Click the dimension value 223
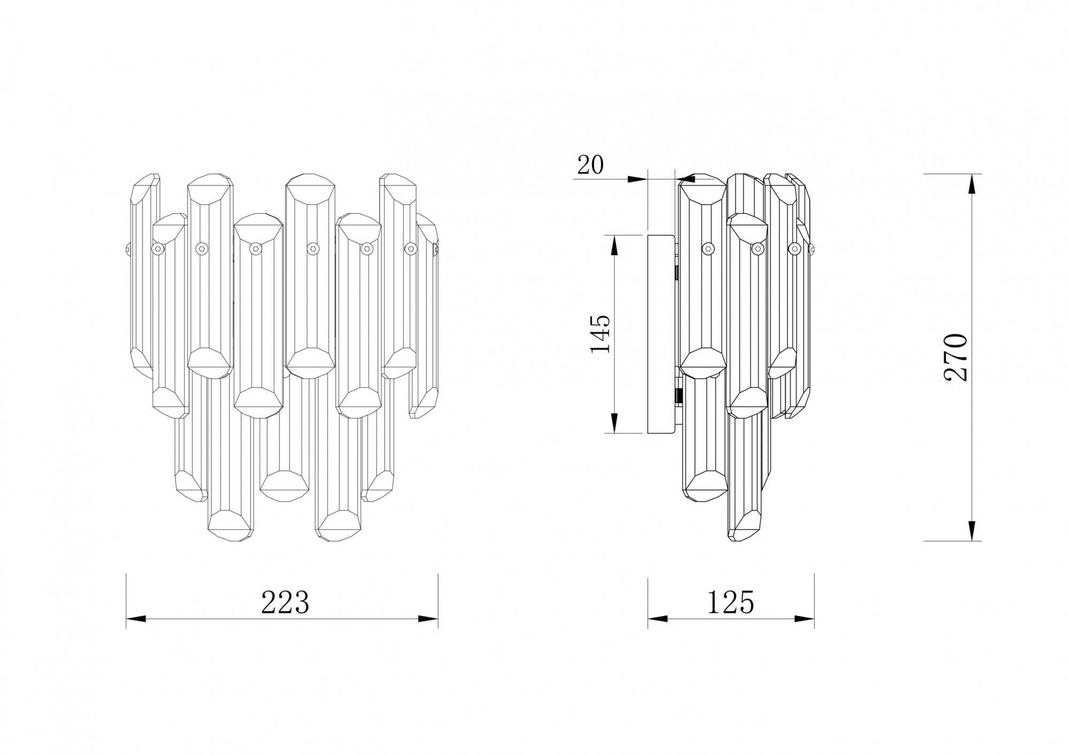(285, 602)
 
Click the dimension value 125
(731, 602)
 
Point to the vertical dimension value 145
(600, 334)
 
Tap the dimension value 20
(590, 166)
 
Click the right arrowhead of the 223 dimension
(428, 619)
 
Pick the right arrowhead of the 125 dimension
(805, 619)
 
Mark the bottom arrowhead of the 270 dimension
(971, 530)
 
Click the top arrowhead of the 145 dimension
(614, 245)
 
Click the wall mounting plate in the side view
(661, 334)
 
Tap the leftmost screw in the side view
(708, 247)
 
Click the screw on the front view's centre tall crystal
(311, 248)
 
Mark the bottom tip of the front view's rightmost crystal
(422, 413)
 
